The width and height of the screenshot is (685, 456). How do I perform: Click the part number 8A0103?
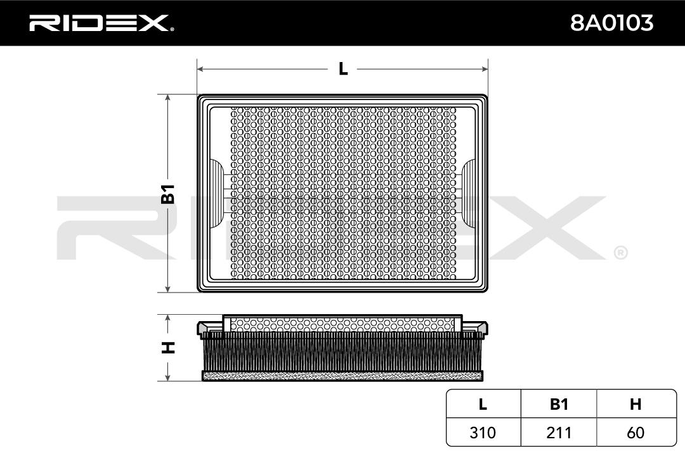[611, 23]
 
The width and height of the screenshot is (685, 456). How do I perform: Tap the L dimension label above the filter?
[342, 68]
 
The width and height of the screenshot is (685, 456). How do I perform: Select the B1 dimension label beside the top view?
[168, 194]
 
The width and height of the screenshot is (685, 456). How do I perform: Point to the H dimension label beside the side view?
[168, 347]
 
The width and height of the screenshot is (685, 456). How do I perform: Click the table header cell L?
[483, 405]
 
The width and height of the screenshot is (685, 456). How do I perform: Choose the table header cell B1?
[559, 405]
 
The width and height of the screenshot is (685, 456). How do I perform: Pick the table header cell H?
[636, 405]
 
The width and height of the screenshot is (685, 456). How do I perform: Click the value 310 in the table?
[483, 433]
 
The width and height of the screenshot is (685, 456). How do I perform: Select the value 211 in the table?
[559, 433]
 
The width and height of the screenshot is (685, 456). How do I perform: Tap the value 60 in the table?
[636, 433]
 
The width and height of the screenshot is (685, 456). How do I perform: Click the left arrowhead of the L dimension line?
[200, 68]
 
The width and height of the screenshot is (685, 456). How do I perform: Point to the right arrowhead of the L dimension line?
[485, 68]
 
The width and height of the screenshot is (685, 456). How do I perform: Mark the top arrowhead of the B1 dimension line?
[168, 99]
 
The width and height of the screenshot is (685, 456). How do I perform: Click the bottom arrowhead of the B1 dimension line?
[168, 289]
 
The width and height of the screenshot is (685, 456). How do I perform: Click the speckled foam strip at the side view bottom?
[342, 376]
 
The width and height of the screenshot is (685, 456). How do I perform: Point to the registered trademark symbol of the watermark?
[620, 253]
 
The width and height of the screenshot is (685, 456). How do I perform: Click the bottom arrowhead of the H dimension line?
[168, 378]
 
